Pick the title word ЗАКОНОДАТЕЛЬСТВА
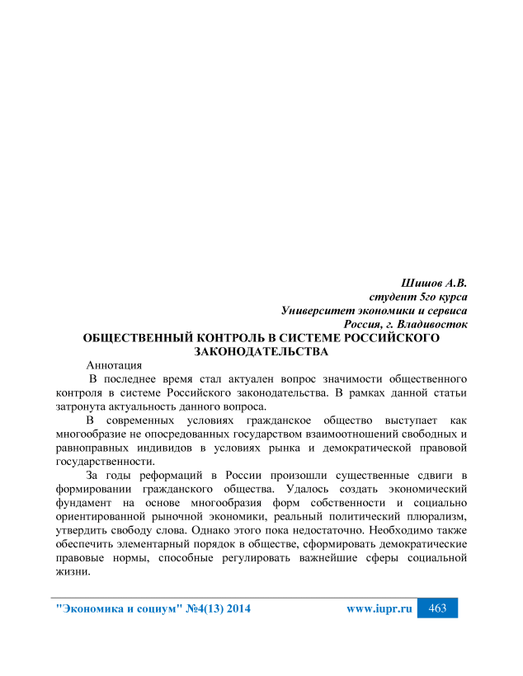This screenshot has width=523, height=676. coord(261,351)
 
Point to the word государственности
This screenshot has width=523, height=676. coord(104,462)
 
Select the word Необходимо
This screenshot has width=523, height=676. coord(403,530)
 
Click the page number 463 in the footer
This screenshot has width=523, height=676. coord(438,608)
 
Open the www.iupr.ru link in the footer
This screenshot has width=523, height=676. coord(379,609)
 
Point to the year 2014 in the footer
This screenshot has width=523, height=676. coord(234,609)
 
